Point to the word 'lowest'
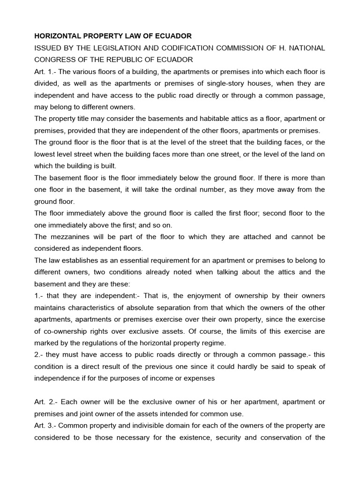tap(45, 154)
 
